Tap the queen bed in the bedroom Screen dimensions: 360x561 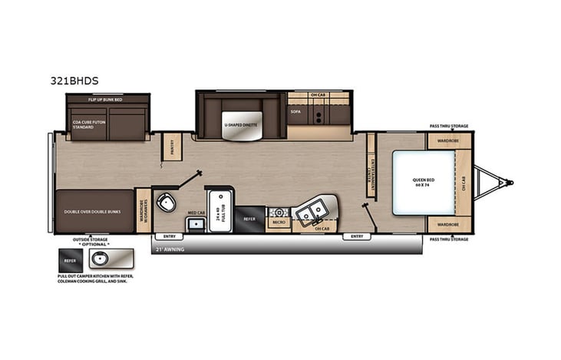(424, 183)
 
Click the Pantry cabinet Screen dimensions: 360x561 (172, 147)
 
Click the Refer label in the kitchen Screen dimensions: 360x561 (249, 219)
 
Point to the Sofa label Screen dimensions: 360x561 (295, 112)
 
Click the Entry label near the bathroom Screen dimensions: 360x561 (168, 236)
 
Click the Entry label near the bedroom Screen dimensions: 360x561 (357, 236)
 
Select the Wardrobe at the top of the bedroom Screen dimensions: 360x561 (448, 140)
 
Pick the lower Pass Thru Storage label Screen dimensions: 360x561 (448, 239)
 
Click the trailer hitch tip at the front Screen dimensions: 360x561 (509, 183)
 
